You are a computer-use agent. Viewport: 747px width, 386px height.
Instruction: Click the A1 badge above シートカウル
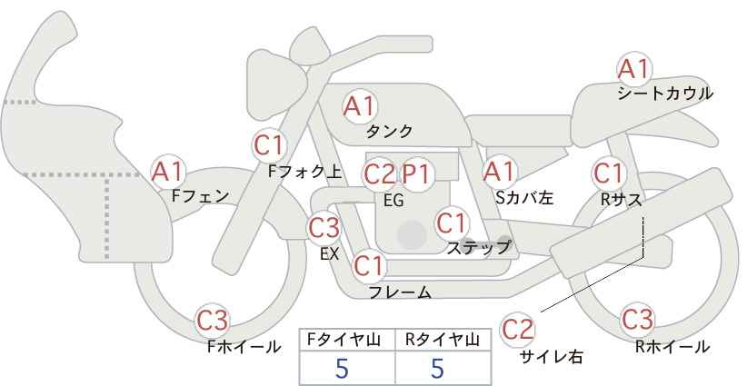[633, 68]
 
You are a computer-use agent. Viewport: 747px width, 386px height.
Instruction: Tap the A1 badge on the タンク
[359, 106]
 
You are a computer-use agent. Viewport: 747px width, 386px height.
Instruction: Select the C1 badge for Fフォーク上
[270, 144]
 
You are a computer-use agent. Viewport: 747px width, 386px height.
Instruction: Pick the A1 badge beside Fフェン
[167, 171]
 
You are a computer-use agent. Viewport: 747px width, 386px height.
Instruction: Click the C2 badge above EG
[380, 173]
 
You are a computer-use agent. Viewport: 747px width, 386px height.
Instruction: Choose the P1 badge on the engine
[418, 173]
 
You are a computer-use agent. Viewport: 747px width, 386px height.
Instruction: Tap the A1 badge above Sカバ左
[498, 171]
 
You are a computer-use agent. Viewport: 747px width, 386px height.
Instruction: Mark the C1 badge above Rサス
[608, 173]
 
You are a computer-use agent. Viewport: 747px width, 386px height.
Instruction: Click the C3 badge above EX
[324, 226]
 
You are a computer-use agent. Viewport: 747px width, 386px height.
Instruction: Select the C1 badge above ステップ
[451, 222]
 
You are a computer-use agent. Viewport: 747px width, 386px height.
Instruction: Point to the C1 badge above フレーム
[369, 266]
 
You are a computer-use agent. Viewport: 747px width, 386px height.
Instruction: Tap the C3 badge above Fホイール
[214, 320]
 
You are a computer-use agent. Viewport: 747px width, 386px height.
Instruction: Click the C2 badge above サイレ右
[519, 329]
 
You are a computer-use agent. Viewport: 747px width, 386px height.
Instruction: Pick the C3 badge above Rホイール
[637, 320]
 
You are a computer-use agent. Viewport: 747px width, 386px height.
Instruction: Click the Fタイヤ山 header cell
[347, 340]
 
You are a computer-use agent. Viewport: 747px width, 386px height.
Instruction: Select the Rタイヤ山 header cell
[443, 340]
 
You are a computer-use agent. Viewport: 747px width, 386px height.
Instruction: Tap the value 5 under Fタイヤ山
[342, 368]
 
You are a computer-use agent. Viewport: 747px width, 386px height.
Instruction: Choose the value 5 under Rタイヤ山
[438, 368]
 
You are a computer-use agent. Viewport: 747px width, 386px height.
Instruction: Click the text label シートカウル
[664, 94]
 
